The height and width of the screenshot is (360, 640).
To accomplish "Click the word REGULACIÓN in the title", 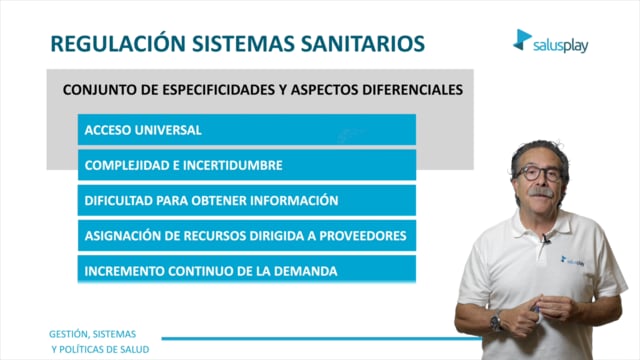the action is click(x=118, y=43).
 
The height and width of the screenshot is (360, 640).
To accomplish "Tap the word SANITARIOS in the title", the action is click(x=363, y=44).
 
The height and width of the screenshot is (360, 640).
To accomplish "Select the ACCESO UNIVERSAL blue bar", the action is click(x=247, y=130).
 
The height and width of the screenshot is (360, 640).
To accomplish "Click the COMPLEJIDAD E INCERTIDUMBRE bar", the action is click(x=247, y=165).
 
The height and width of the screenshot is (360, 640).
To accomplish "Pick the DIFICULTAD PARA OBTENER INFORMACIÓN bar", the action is click(x=247, y=200).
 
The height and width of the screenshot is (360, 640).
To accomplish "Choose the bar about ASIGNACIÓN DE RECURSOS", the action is click(x=247, y=236).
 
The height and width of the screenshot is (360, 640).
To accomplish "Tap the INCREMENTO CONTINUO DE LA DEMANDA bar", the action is click(x=247, y=269).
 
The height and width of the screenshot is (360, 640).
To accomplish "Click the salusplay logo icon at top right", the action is click(x=522, y=40).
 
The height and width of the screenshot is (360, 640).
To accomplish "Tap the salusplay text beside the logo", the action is click(x=561, y=46).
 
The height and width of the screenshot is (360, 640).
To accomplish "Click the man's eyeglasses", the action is click(x=538, y=173).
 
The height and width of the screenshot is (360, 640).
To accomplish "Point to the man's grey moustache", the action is click(x=541, y=192).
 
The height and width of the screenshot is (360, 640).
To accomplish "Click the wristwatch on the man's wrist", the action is click(x=496, y=321).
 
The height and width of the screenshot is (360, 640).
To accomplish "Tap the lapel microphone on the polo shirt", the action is click(x=546, y=238).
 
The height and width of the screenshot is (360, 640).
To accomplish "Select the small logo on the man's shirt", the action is click(x=572, y=261).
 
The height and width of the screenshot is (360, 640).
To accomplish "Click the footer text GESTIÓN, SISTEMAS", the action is click(x=93, y=334).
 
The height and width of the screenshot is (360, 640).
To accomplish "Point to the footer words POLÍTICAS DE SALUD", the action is click(x=104, y=350).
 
